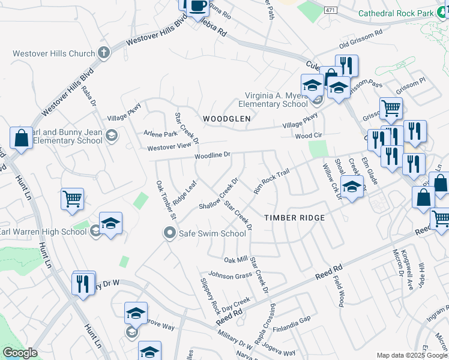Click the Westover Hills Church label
(x=54, y=53)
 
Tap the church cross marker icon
(x=103, y=53)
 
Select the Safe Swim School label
(x=212, y=233)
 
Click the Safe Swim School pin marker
(x=170, y=233)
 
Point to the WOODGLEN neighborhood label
(x=226, y=119)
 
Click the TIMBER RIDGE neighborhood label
(x=295, y=218)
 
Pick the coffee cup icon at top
(x=197, y=6)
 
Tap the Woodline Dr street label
(x=212, y=156)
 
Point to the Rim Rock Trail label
(x=271, y=181)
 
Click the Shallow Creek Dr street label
(x=219, y=193)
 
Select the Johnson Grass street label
(x=230, y=276)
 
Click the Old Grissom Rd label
(x=361, y=40)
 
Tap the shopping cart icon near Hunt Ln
(x=72, y=199)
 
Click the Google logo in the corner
(x=20, y=353)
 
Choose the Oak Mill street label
(x=236, y=260)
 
